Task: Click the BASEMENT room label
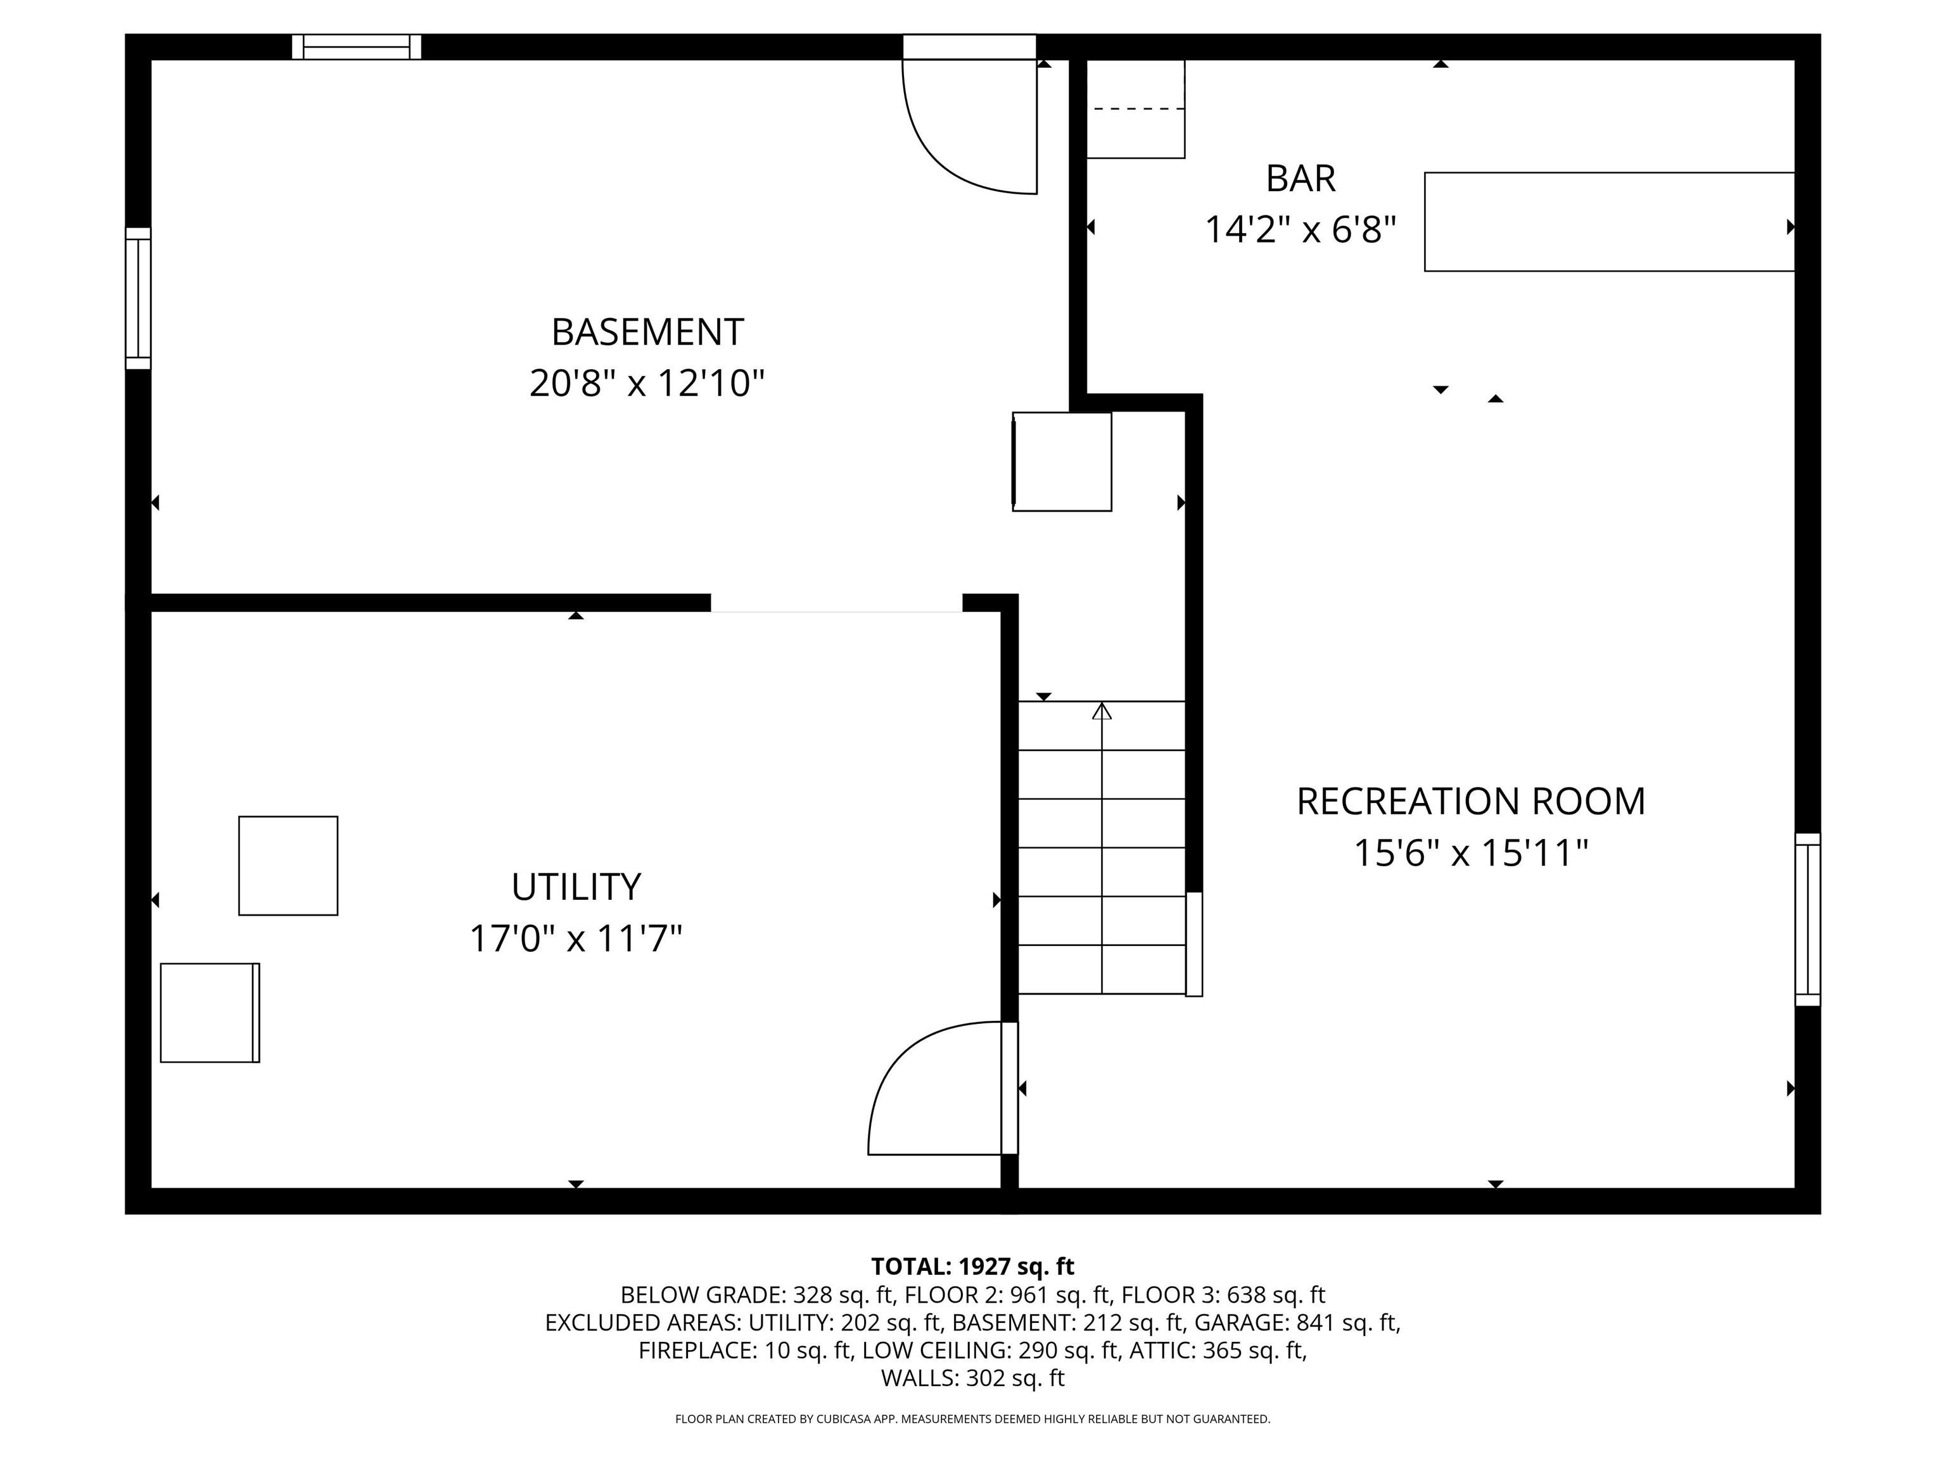pos(647,332)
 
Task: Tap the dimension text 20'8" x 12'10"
pos(647,384)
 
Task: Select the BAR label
pos(1301,179)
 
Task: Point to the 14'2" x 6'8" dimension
pos(1301,229)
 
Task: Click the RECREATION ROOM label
pos(1471,801)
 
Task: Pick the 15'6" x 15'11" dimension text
pos(1471,853)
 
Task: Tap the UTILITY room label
pos(576,887)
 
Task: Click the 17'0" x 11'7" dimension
pos(576,938)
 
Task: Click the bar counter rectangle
pos(1609,222)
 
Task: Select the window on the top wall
pos(356,47)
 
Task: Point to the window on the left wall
pos(138,298)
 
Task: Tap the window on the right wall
pos(1808,919)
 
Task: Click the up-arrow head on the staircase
pos(1102,711)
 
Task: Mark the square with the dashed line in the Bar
pos(1136,109)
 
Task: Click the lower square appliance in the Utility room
pos(210,1012)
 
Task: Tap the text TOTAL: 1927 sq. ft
pos(972,1266)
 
